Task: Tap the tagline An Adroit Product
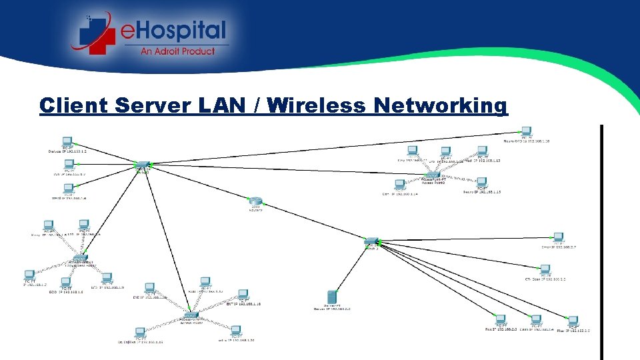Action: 177,51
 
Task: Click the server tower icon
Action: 331,297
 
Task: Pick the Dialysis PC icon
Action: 67,142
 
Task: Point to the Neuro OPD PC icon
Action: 527,131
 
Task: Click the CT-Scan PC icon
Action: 545,270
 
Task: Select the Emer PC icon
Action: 558,237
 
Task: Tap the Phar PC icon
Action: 572,321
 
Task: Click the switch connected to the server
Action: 371,241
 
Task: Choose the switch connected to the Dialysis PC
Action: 143,165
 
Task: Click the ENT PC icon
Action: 243,294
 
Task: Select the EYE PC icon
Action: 151,289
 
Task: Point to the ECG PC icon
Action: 65,283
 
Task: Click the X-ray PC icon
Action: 48,225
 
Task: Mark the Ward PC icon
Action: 68,189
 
